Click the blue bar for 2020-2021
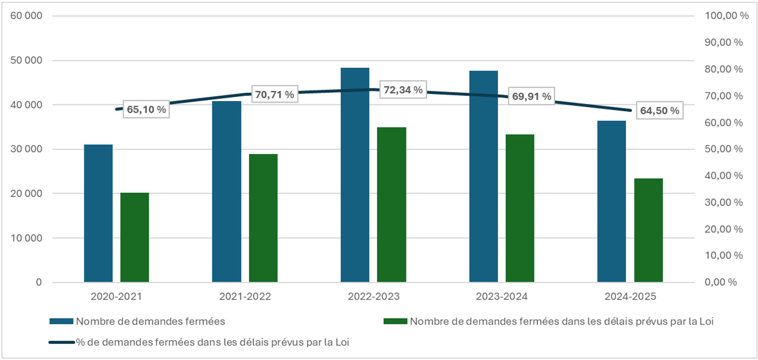(x=98, y=213)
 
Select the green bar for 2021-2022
(x=263, y=218)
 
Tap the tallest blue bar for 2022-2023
(x=355, y=175)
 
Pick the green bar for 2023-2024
(x=520, y=208)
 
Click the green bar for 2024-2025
(x=648, y=230)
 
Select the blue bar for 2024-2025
(x=611, y=201)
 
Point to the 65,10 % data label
(x=146, y=110)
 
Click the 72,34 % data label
(x=403, y=90)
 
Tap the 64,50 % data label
(x=659, y=111)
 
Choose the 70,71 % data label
(x=274, y=94)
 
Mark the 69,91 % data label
(x=532, y=96)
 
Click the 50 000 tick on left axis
(x=26, y=60)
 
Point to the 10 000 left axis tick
(x=26, y=238)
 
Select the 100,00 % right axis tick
(x=727, y=16)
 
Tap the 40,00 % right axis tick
(x=723, y=175)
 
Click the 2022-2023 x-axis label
(x=374, y=297)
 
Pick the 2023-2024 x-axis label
(x=501, y=297)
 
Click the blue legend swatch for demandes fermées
(x=61, y=321)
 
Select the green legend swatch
(x=395, y=321)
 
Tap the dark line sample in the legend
(x=62, y=342)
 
